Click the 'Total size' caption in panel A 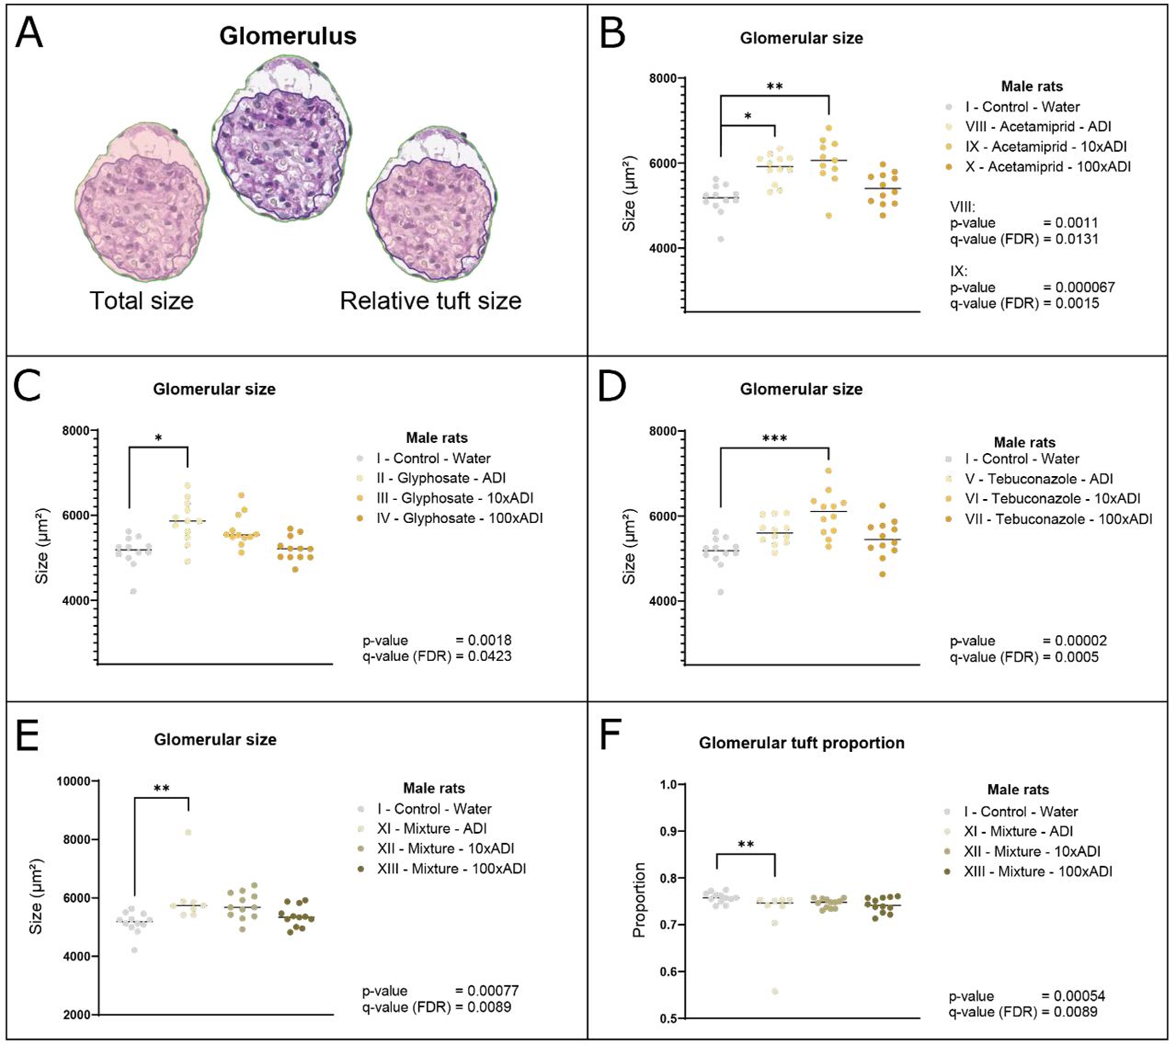click(x=142, y=301)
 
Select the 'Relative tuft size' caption click(x=430, y=301)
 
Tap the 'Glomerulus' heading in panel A click(x=288, y=36)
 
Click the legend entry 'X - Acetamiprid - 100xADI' click(x=1048, y=167)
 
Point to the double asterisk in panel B click(x=775, y=87)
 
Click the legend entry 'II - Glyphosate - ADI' click(x=440, y=478)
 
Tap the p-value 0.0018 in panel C click(x=490, y=641)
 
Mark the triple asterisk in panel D click(x=775, y=439)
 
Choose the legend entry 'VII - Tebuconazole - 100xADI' click(x=1058, y=519)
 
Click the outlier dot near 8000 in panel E click(x=188, y=832)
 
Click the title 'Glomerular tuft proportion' click(x=802, y=743)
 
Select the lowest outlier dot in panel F click(x=775, y=991)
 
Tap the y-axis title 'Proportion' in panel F click(x=639, y=900)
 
